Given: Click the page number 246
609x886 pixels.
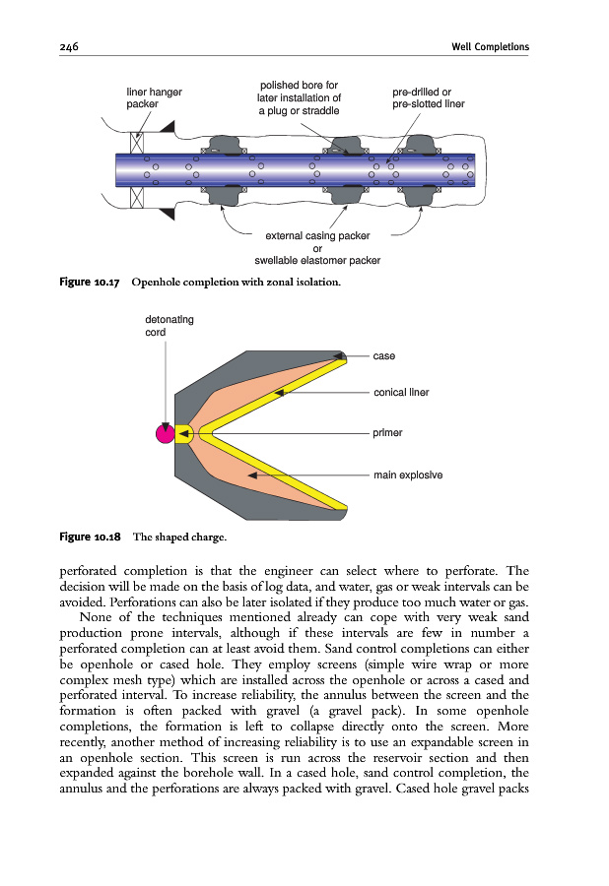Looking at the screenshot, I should (x=68, y=47).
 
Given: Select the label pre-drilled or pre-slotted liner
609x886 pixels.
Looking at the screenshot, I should (x=428, y=97).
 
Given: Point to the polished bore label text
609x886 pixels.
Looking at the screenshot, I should (x=299, y=97).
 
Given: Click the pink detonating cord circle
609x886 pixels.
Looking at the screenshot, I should (x=166, y=432).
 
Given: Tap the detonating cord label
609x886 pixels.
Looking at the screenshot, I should (x=169, y=325).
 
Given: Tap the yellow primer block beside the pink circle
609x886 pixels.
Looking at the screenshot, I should (x=184, y=432).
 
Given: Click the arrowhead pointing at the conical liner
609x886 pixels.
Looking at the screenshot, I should (x=280, y=393).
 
